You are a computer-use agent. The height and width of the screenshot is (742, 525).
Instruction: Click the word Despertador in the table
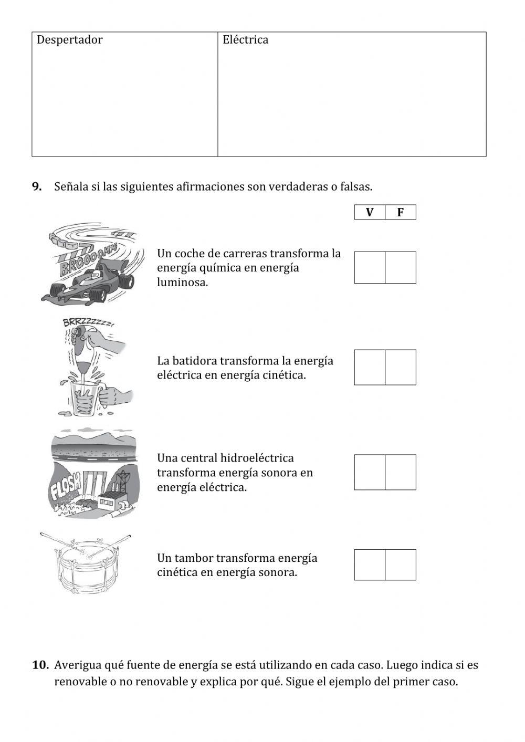coord(69,40)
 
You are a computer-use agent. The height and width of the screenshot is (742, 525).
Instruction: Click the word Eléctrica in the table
coord(245,40)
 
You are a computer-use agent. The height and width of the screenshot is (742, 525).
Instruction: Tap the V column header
coord(370,212)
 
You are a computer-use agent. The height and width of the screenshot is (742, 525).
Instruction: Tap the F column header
coord(401,212)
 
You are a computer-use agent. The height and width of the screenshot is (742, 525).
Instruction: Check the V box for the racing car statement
coord(370,267)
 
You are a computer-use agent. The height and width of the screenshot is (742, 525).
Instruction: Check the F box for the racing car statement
coord(401,267)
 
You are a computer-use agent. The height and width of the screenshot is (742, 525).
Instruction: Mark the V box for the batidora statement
coord(370,367)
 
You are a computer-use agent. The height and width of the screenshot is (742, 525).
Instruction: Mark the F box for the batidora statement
coord(401,367)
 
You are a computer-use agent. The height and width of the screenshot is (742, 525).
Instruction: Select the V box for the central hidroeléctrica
coord(370,472)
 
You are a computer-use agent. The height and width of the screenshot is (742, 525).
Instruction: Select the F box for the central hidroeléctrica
coord(401,472)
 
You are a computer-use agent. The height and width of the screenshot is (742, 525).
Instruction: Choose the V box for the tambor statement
coord(370,565)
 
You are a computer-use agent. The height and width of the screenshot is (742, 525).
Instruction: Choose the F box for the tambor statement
coord(401,565)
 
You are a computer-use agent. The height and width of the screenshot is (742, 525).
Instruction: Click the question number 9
coord(37,186)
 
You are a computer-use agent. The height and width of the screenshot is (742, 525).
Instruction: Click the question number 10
coord(40,665)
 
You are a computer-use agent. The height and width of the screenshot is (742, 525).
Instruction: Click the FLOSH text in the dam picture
coord(65,486)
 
